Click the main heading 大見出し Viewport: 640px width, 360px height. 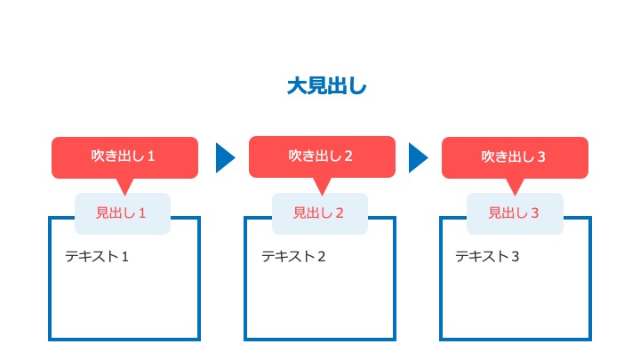326,86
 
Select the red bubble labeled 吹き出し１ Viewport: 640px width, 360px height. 125,157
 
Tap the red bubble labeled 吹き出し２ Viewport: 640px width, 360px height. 322,156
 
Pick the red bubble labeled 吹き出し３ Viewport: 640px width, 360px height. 515,157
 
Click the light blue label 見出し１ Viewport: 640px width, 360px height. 123,213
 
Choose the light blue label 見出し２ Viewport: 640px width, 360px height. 320,213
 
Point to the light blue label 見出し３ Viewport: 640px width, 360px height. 515,213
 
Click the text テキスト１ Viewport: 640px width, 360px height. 97,256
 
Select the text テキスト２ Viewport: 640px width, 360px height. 293,256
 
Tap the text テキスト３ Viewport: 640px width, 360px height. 487,256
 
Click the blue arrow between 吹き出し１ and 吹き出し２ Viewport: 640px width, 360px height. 225,157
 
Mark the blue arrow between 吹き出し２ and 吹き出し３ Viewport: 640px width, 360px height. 419,157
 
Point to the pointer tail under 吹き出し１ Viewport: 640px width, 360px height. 125,186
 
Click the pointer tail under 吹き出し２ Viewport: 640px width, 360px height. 322,185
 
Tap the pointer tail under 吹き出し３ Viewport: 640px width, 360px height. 515,186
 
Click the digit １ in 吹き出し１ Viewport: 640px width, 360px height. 151,156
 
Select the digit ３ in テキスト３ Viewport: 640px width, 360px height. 515,257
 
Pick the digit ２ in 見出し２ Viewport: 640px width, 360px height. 340,213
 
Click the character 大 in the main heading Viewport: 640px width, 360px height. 297,86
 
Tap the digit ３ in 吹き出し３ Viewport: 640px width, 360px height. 541,156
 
